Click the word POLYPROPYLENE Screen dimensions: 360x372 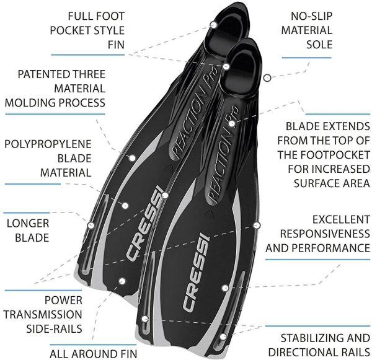click(x=48, y=144)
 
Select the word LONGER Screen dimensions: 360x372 click(x=27, y=222)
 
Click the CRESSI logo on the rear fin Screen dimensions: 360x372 click(x=144, y=226)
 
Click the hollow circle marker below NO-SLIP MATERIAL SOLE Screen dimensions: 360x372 click(x=267, y=78)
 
